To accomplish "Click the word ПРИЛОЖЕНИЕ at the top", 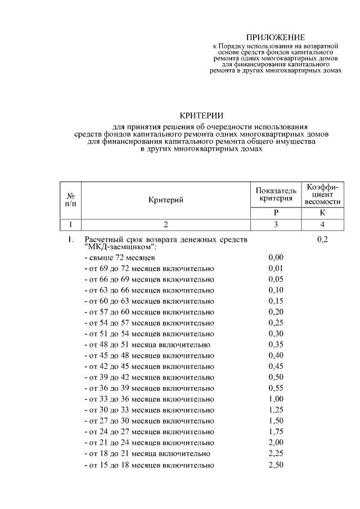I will (275, 37).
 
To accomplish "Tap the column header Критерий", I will (166, 200).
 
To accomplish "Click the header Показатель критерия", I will (276, 193).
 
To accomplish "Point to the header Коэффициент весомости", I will (322, 194).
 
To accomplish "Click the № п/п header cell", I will (71, 200).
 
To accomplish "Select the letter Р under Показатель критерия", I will (276, 213).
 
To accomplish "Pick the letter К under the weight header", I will (322, 213).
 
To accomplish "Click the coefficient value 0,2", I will (322, 240).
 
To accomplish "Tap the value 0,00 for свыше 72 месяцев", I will (276, 258).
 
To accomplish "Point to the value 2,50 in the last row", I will (276, 466).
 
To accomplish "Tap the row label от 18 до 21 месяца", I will (147, 454).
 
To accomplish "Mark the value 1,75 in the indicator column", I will (276, 433).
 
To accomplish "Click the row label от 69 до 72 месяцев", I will (149, 268).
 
